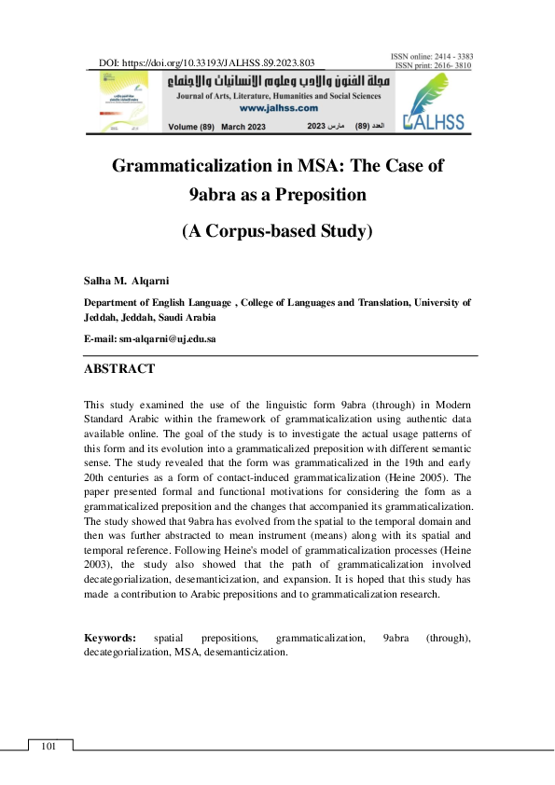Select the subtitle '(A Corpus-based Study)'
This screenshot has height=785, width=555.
(x=277, y=231)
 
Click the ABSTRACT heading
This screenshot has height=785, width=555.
(x=119, y=369)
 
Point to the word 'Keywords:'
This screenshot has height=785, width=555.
(x=110, y=638)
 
